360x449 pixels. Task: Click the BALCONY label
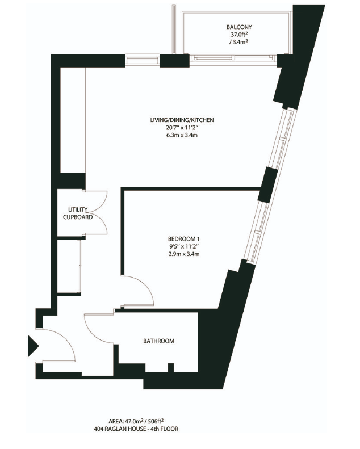point(239,27)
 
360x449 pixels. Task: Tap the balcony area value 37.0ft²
point(239,35)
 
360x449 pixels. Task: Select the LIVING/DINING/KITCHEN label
point(182,120)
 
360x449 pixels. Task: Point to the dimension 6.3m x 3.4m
point(182,135)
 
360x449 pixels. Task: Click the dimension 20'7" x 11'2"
point(182,128)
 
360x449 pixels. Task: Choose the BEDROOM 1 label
point(183,239)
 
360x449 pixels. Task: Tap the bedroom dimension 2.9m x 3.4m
point(183,254)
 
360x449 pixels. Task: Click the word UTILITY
point(78,209)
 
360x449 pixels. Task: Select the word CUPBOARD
point(78,217)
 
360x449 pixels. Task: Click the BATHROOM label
point(158,341)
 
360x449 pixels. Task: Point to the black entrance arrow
point(32,346)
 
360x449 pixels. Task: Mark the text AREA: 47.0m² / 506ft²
point(136,421)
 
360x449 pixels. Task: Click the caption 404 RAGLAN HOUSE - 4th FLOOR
point(136,429)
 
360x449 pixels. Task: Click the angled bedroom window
point(258,232)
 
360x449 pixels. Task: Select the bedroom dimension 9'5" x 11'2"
point(183,246)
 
